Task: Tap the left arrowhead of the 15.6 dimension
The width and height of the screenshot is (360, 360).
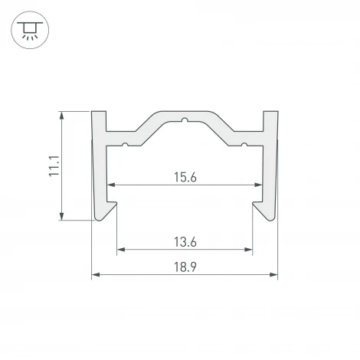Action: point(110,185)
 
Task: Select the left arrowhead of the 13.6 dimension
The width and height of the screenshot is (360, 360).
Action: point(120,249)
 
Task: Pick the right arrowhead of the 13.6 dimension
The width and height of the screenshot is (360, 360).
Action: point(250,249)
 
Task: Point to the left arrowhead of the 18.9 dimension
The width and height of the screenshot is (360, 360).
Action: point(96,274)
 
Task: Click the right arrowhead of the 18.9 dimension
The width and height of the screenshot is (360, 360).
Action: point(273,274)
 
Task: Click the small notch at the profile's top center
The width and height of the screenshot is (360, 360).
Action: point(185,119)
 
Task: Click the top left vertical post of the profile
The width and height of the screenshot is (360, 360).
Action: point(99,123)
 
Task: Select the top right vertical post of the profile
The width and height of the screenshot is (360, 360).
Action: point(270,123)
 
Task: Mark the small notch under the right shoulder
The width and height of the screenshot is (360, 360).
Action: point(244,143)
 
